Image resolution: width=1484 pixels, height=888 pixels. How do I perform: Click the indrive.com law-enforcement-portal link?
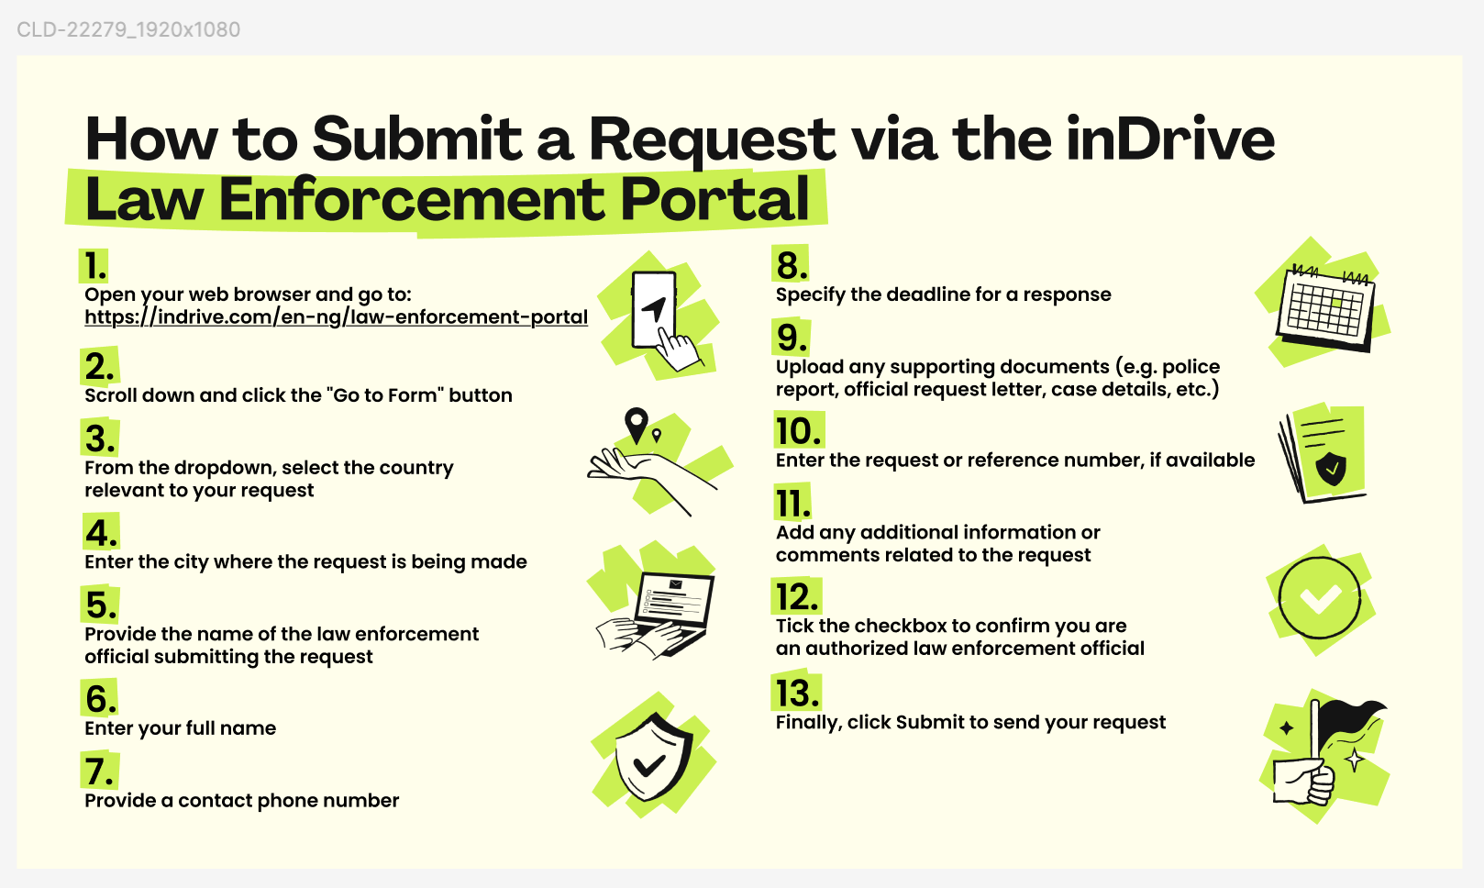336,317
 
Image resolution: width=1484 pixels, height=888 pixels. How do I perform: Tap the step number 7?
98,772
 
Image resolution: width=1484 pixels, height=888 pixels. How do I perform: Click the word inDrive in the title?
1169,139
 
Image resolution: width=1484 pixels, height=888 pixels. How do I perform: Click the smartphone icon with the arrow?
655,310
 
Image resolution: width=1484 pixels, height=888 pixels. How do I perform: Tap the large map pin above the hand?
636,426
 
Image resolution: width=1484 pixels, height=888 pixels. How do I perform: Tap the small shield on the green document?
1331,469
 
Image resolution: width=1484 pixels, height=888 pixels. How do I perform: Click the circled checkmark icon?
1319,599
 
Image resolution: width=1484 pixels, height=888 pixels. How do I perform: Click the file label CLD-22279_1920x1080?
128,29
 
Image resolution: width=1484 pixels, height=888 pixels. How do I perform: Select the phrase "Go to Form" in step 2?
385,395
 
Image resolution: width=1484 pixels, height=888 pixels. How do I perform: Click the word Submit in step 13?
929,723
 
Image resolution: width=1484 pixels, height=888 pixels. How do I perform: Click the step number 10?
798,431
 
